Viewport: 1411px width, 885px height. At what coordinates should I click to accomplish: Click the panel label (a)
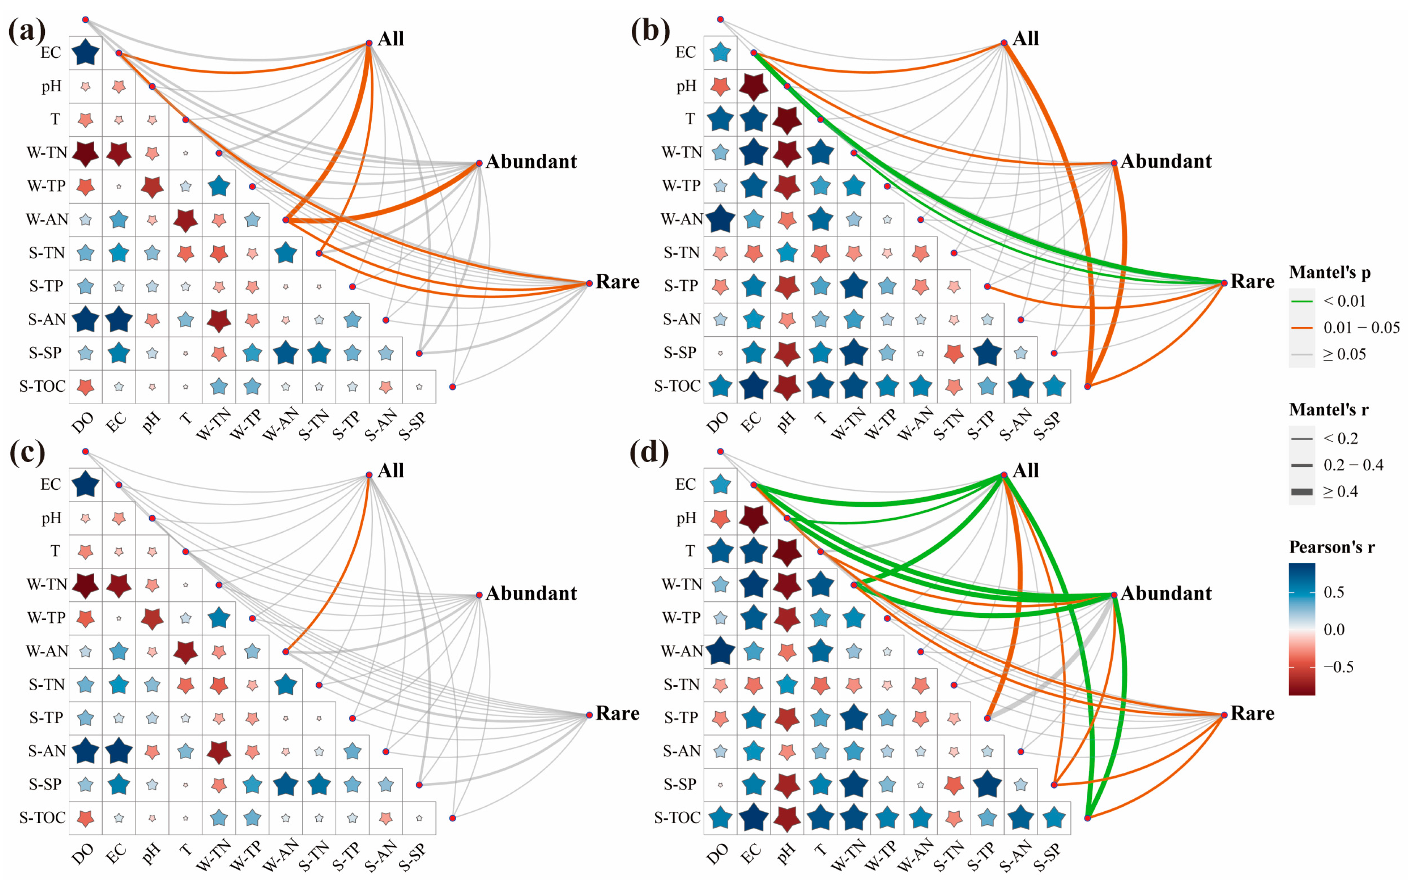(26, 31)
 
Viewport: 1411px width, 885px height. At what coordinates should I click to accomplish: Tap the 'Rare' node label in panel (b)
(1252, 281)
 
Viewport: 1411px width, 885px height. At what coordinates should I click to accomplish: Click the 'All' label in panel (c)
(390, 471)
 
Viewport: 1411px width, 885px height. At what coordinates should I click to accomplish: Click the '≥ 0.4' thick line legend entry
(1340, 492)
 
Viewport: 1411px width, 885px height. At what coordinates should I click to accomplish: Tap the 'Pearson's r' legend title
(1331, 547)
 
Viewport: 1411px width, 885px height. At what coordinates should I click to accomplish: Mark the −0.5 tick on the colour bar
(1338, 667)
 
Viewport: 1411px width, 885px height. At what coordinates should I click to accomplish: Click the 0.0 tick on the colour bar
(1334, 629)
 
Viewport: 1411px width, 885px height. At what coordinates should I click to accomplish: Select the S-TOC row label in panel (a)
(42, 386)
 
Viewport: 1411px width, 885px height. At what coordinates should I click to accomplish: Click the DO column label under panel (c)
(83, 854)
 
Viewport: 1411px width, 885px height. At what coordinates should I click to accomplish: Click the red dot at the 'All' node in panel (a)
(369, 43)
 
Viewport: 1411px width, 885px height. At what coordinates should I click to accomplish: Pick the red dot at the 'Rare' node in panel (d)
(1224, 715)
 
